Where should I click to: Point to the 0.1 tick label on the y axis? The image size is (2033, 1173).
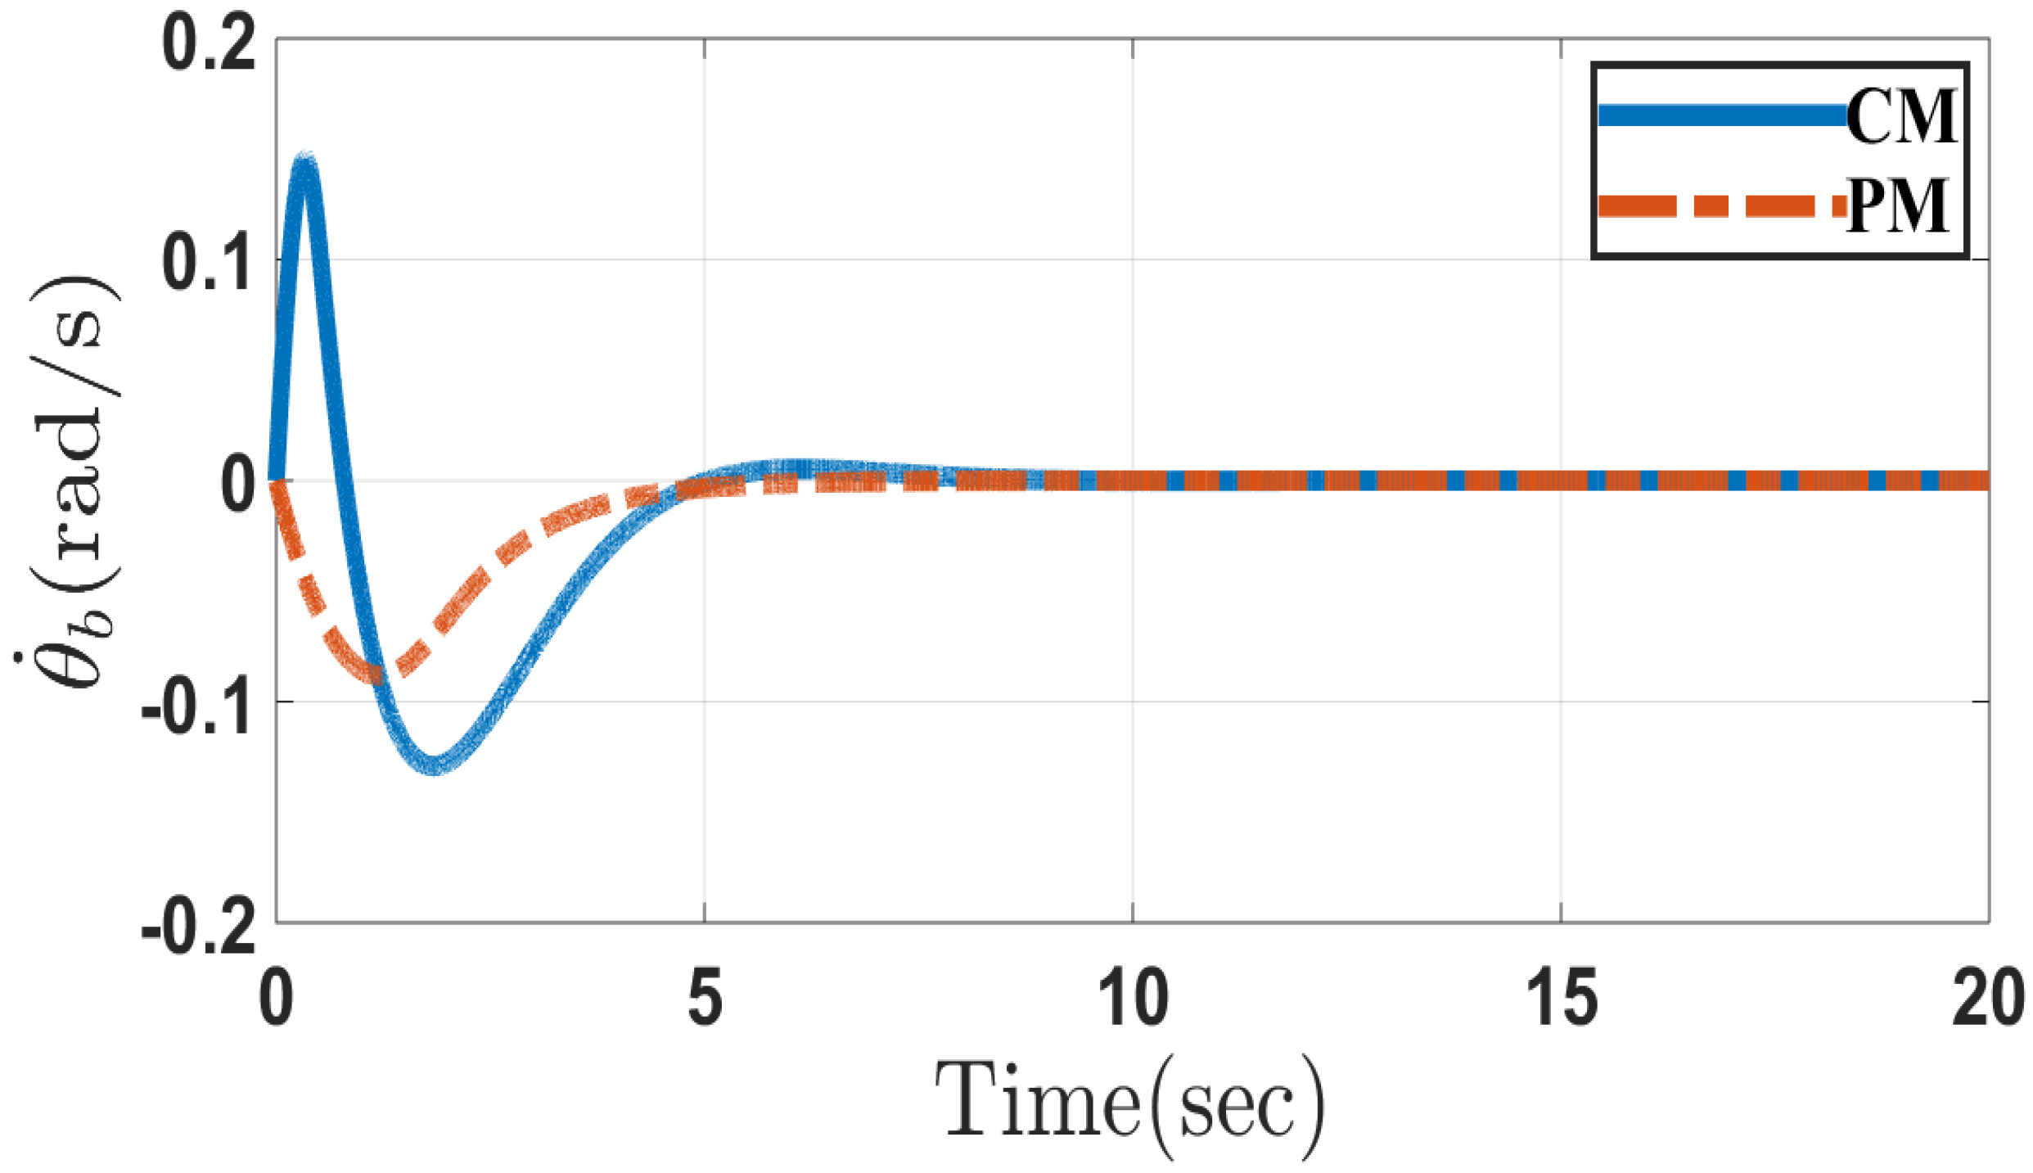[x=209, y=264]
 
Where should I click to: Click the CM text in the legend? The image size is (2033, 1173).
[x=1900, y=116]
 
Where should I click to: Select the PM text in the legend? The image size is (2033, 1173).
[x=1897, y=205]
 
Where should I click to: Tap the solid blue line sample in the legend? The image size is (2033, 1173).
[x=1719, y=115]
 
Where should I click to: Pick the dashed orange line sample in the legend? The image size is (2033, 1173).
[x=1719, y=205]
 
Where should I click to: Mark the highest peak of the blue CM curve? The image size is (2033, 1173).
[x=304, y=161]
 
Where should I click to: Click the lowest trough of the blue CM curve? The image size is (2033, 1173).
[x=435, y=765]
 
